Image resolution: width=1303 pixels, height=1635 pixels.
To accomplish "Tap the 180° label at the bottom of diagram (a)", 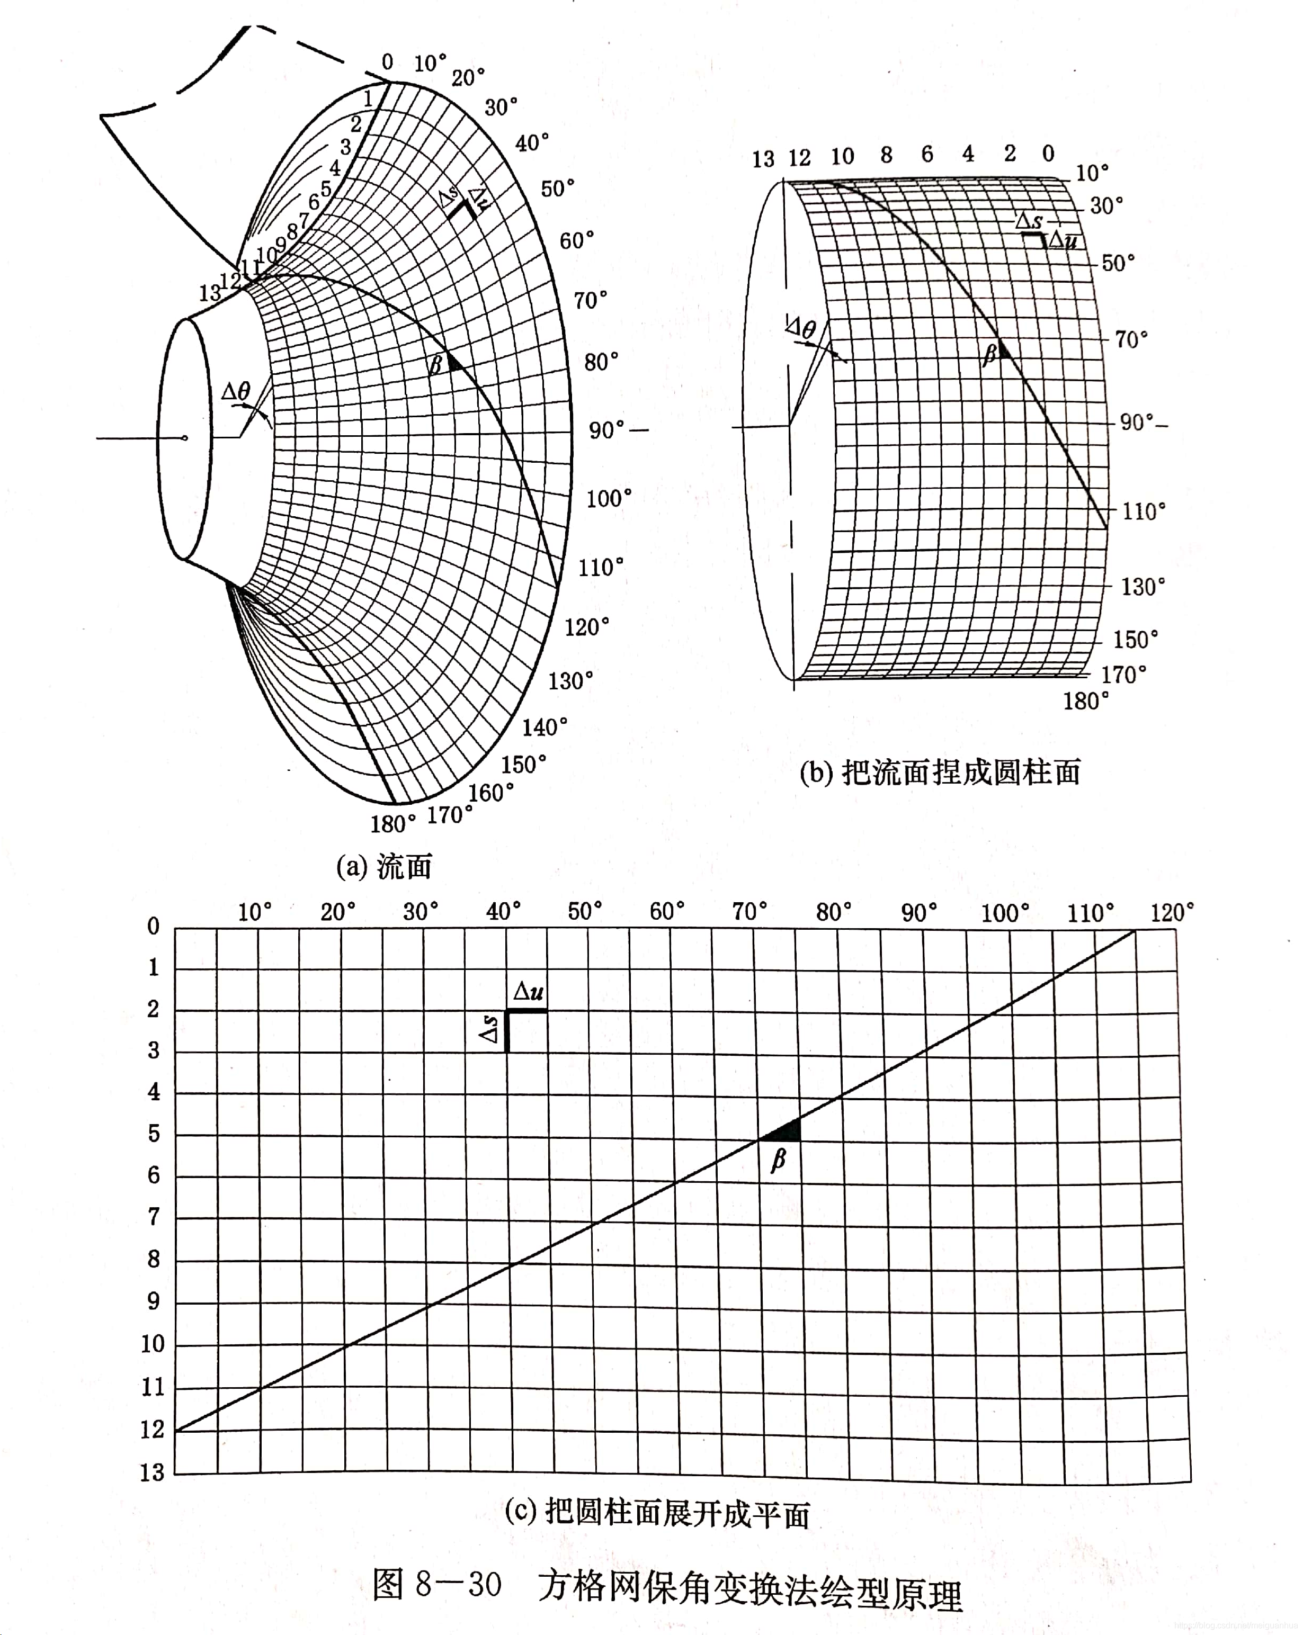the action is (393, 823).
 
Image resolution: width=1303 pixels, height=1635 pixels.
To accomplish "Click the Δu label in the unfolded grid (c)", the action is (528, 991).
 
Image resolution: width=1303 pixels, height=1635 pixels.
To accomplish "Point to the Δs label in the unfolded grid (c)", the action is (490, 1030).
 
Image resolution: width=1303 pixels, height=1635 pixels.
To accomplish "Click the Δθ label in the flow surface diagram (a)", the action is (236, 392).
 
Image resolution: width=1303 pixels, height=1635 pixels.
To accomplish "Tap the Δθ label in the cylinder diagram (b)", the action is (801, 328).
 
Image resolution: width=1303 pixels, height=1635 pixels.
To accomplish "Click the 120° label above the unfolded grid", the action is (1172, 912).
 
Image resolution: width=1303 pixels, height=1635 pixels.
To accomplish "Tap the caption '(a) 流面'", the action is (384, 866).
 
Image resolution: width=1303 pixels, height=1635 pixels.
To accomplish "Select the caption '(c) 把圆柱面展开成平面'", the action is (657, 1514).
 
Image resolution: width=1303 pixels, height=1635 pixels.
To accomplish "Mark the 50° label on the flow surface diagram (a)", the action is (557, 188).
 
